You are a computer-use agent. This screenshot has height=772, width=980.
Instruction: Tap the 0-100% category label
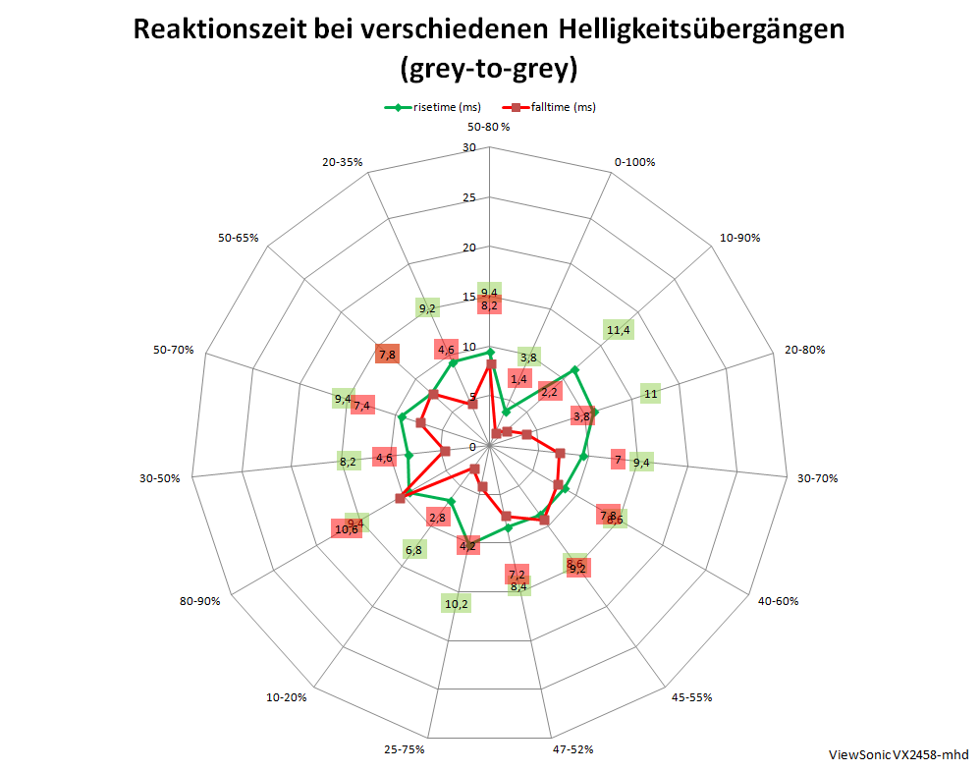pyautogui.click(x=633, y=162)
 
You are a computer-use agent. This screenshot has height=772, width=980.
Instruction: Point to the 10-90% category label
pyautogui.click(x=739, y=238)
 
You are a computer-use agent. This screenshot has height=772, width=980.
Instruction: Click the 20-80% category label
pyautogui.click(x=805, y=350)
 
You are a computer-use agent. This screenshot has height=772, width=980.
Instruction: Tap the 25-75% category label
pyautogui.click(x=405, y=749)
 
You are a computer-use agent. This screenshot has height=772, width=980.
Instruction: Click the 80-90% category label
pyautogui.click(x=200, y=600)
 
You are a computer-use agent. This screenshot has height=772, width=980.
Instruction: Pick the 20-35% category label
pyautogui.click(x=343, y=162)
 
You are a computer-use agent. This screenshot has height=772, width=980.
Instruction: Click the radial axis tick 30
pyautogui.click(x=468, y=148)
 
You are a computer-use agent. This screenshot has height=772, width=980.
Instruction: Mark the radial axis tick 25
pyautogui.click(x=468, y=198)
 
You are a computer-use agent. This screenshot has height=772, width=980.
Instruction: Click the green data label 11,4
pyautogui.click(x=619, y=330)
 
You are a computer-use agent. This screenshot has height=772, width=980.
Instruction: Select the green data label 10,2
pyautogui.click(x=457, y=603)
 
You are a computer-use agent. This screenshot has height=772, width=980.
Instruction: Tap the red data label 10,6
pyautogui.click(x=346, y=530)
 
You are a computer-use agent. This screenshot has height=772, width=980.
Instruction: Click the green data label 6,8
pyautogui.click(x=413, y=550)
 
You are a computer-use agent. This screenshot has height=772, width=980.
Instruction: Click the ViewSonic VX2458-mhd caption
pyautogui.click(x=898, y=754)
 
